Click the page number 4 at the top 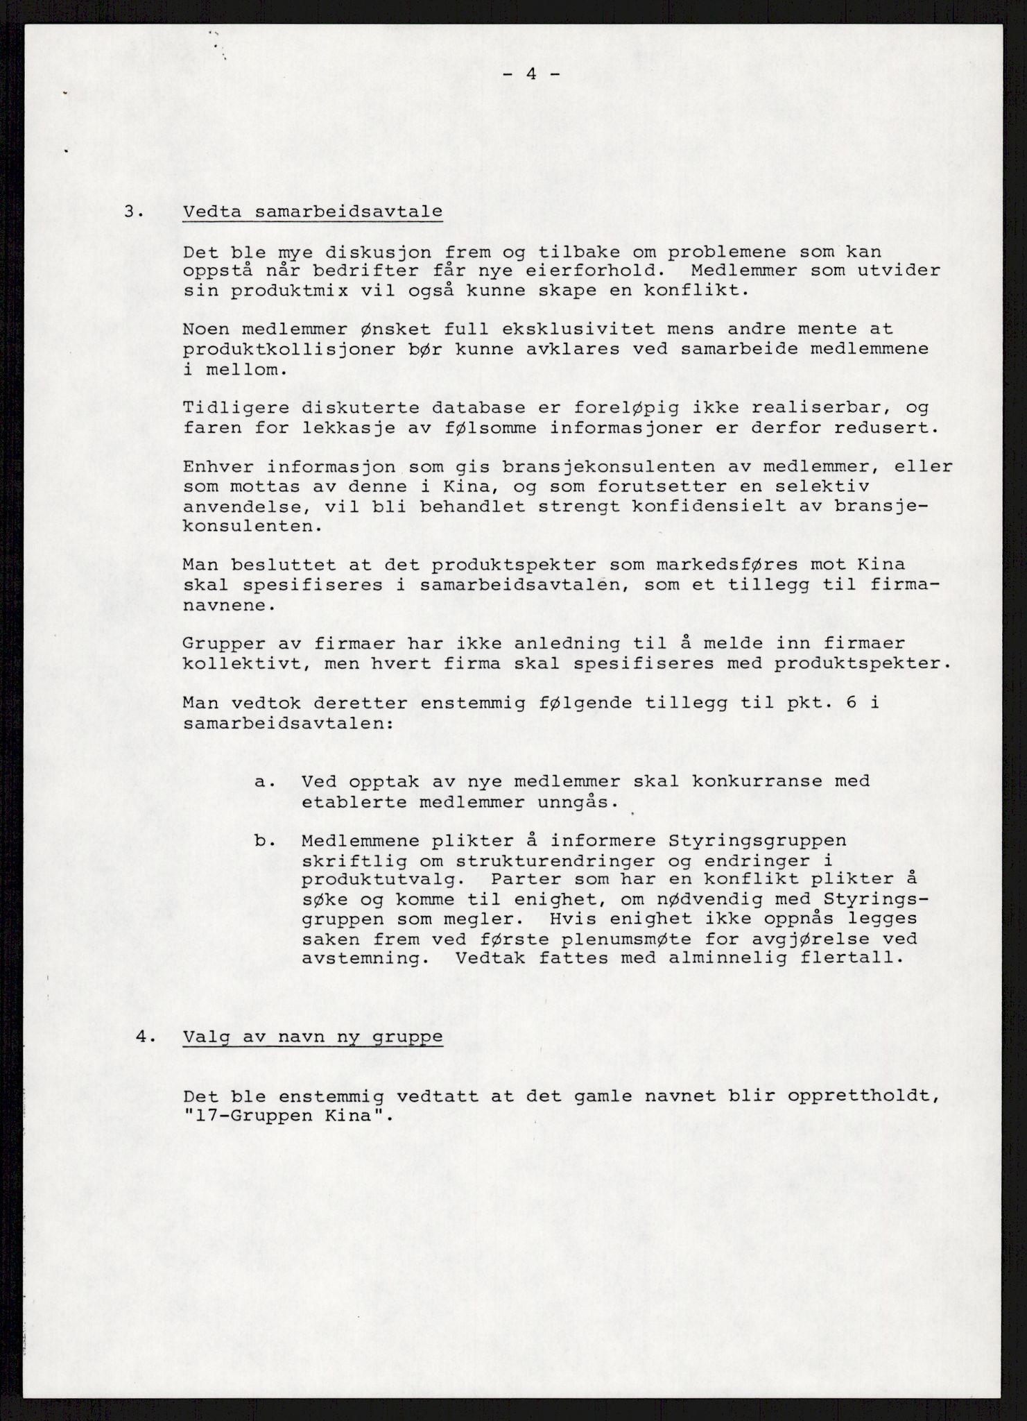(x=532, y=74)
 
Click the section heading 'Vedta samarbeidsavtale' (x=313, y=211)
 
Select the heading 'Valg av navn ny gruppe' (x=313, y=1037)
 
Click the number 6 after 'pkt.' (x=851, y=702)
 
